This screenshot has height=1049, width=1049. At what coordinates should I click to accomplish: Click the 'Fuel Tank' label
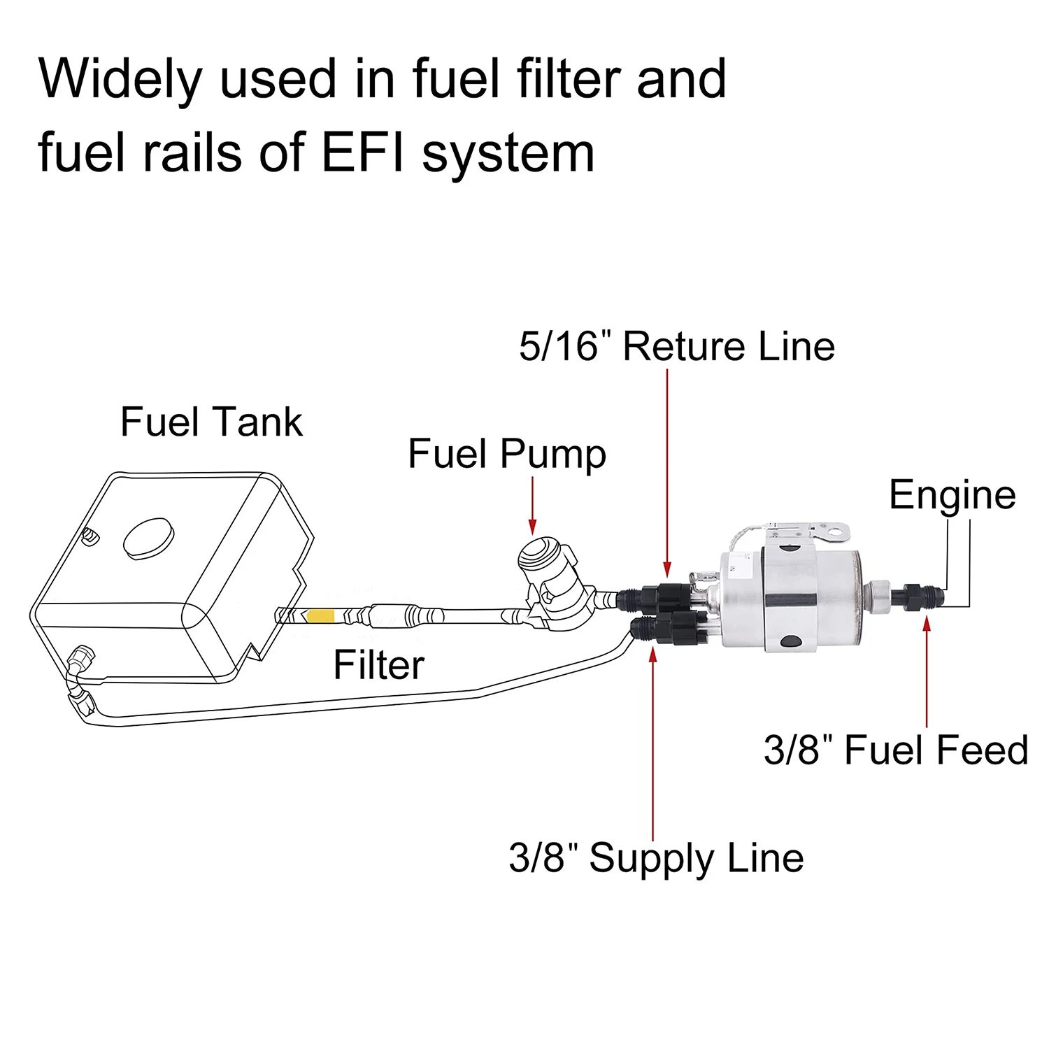tap(211, 422)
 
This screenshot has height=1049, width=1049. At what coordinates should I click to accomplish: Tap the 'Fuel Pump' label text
tap(506, 455)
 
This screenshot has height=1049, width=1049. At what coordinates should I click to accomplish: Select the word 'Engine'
tap(952, 496)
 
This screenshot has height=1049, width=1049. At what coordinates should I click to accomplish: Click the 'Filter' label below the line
tap(378, 664)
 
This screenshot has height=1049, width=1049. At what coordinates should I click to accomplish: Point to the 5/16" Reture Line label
tap(676, 347)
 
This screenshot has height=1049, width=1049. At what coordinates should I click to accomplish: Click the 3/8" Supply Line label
tap(656, 858)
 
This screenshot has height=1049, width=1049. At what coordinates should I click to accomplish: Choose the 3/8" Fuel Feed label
tap(895, 750)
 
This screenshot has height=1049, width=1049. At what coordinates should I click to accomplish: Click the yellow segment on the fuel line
tap(321, 616)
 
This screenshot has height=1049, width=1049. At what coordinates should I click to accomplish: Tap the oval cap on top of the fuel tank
tap(148, 538)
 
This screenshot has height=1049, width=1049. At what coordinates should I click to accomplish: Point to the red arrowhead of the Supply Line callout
tap(653, 655)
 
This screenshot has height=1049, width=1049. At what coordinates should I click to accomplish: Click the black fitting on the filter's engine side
tap(918, 597)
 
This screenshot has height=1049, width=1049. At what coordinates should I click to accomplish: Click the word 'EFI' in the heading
tap(362, 152)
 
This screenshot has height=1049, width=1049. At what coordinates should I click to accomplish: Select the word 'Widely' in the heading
tap(120, 79)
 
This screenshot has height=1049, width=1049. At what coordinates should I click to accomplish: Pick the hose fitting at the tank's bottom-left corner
tap(83, 658)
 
